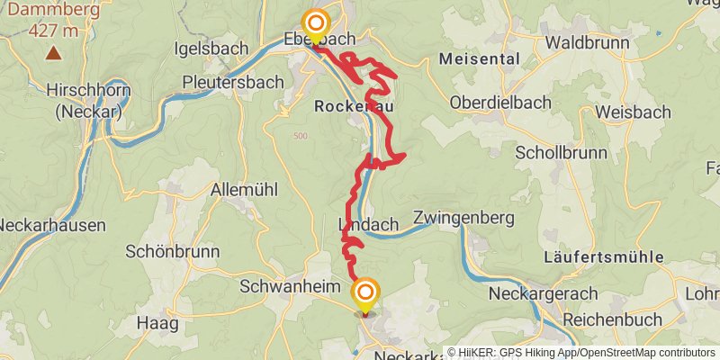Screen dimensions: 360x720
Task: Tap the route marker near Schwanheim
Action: coord(365,293)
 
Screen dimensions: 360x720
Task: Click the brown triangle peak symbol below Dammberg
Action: coord(54,53)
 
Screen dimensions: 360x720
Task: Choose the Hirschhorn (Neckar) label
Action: coord(88,102)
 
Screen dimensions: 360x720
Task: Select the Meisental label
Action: coord(480,59)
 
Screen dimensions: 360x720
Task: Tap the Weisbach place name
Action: coord(633,112)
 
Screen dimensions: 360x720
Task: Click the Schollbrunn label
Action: coord(561,152)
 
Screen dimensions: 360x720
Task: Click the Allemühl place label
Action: coord(243,190)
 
